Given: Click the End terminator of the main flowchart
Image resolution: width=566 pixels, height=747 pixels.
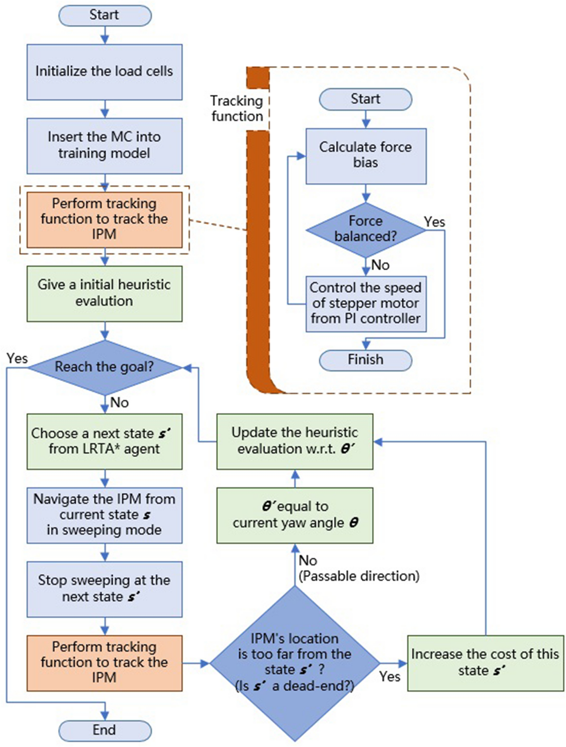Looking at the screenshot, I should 105,730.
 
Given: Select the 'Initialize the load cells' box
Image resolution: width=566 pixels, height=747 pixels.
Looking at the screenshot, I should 105,72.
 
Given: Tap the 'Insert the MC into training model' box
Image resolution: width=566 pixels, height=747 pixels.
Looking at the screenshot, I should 105,146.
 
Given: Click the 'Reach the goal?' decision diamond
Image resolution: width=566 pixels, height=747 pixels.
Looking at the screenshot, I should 105,367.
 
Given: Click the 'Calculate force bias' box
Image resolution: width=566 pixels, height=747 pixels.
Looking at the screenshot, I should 366,156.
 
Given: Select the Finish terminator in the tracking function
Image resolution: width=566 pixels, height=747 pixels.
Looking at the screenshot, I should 366,360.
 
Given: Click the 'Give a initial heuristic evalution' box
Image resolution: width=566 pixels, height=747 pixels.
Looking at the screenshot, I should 105,293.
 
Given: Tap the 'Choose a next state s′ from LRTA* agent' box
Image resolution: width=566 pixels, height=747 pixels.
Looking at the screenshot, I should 105,441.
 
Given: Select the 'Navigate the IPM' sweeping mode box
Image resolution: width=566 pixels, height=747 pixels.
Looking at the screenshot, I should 105,515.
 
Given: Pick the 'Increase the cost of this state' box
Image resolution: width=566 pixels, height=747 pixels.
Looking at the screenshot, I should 485,663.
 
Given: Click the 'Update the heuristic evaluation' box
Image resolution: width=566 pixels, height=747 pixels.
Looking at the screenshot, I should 294,441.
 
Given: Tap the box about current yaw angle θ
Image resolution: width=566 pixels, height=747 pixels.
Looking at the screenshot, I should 294,515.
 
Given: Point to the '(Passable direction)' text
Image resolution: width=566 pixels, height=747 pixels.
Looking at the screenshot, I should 359,576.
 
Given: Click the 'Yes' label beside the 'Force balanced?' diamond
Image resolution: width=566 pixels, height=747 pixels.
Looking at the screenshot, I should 434,222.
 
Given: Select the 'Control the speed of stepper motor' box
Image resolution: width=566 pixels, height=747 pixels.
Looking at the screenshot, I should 366,304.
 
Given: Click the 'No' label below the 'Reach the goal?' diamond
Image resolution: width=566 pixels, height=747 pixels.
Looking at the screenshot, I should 120,402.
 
